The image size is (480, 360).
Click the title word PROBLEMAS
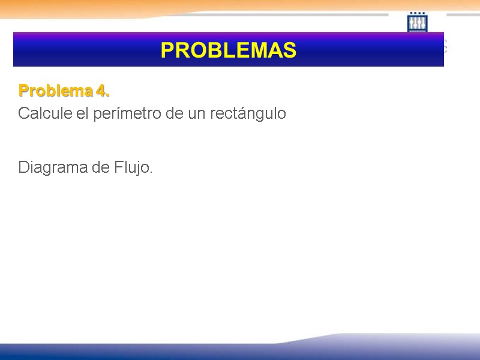(x=228, y=50)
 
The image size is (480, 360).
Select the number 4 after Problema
(x=100, y=91)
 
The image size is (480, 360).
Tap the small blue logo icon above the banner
(x=417, y=22)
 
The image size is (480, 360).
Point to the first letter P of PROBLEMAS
(x=167, y=50)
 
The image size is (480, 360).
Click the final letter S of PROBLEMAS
(x=290, y=50)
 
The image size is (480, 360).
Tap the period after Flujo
(x=151, y=172)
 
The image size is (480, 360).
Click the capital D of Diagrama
(x=23, y=167)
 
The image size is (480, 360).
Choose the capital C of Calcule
(x=24, y=113)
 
